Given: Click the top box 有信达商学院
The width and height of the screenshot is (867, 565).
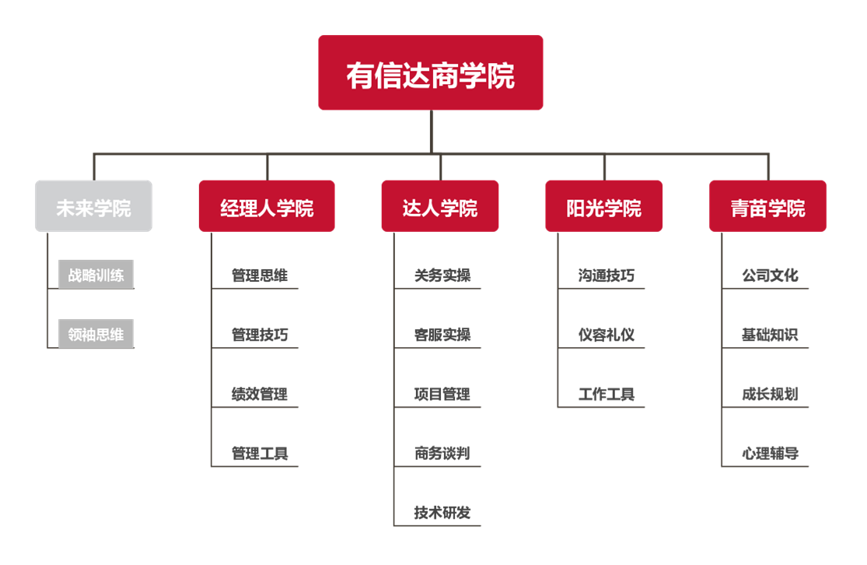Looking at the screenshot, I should [430, 73].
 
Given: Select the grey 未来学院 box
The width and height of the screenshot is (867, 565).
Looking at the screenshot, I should [93, 206].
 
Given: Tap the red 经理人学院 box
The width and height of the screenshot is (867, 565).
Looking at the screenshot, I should [267, 206].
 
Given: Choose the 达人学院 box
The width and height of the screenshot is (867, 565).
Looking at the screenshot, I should [439, 206].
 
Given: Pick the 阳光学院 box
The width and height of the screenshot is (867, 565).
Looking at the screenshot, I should [603, 206].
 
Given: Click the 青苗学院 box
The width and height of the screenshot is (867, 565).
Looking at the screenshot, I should [767, 206].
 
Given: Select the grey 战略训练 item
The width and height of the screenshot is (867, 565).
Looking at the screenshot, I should [96, 275].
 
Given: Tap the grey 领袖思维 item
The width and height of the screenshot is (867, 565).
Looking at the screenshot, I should [96, 334].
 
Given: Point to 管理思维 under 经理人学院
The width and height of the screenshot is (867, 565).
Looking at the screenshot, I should [260, 275].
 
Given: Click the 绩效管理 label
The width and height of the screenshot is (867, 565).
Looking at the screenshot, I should [260, 394].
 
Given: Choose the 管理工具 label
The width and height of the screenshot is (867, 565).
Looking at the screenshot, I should [260, 453].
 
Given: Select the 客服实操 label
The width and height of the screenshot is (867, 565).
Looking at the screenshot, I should [442, 335].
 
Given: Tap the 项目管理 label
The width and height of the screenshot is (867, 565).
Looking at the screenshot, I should [442, 394].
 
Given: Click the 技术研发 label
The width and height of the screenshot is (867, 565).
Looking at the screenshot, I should [442, 512].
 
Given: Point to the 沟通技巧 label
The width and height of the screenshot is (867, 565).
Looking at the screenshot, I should [607, 275].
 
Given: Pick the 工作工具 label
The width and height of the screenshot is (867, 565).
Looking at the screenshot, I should [607, 394].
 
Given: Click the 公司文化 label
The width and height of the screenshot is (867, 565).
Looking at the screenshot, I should [770, 275].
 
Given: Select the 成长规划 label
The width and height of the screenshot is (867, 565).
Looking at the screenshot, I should [770, 394].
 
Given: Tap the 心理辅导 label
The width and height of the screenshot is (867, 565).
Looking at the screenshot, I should [770, 453].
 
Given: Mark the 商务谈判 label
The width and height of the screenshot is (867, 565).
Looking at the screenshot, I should [442, 453].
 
